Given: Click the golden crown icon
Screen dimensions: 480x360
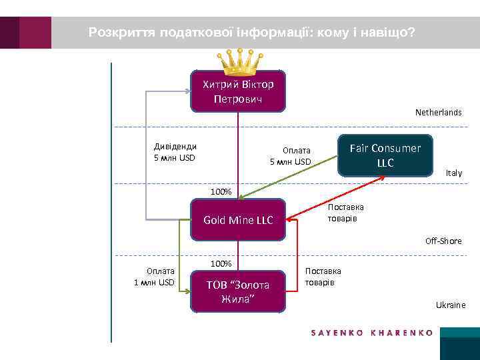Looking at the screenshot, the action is [238, 62].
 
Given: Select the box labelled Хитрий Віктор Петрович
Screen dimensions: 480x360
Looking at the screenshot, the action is [238, 91].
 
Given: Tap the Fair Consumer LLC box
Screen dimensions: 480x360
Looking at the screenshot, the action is [385, 155].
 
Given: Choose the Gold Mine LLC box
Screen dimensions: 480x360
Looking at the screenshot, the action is [238, 220].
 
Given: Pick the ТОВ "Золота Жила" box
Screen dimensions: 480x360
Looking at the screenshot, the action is [238, 291].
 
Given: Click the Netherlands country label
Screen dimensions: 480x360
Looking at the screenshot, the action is [438, 113].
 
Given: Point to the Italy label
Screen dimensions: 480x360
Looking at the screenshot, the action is [453, 173].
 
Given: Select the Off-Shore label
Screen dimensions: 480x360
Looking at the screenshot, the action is [443, 241].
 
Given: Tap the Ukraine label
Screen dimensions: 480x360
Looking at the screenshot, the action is [451, 305].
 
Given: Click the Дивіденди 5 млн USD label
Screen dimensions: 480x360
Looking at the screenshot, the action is [175, 152].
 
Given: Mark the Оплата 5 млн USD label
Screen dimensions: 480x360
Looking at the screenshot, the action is [291, 156].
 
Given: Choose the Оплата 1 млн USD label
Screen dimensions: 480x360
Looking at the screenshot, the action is [154, 277].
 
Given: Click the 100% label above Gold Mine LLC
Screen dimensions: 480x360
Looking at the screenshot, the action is [221, 192].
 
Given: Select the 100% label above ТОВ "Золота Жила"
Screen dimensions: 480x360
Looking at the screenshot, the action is [221, 263].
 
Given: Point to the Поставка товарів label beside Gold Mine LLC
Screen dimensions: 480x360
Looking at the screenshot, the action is [345, 213].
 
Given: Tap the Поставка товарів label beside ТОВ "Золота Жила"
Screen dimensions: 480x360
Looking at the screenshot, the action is [323, 277].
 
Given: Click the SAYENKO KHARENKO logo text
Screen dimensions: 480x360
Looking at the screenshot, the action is [372, 332].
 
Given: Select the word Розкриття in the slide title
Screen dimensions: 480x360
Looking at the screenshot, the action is [121, 31].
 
